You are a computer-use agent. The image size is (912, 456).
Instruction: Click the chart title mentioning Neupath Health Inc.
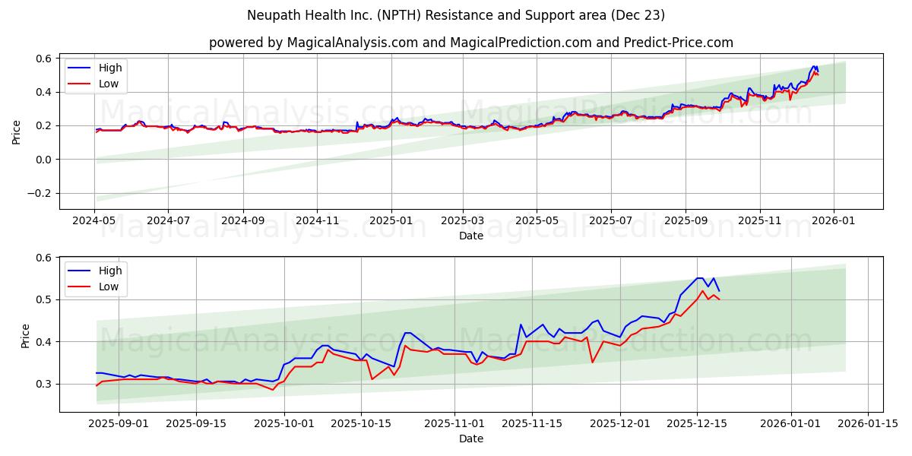coord(456,15)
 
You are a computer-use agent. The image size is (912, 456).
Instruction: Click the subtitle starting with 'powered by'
coord(471,43)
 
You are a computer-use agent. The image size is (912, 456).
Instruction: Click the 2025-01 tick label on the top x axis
coord(391,220)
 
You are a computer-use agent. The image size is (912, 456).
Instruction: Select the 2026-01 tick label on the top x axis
coord(834,220)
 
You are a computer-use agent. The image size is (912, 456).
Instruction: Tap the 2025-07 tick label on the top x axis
coord(610,220)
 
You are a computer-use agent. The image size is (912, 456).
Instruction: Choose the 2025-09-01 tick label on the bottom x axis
coord(119,423)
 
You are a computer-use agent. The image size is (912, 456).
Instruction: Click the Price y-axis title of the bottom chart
coord(25,335)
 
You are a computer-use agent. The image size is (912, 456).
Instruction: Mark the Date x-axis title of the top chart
coord(471,236)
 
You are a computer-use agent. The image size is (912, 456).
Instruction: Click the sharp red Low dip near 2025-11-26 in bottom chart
coord(592,362)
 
